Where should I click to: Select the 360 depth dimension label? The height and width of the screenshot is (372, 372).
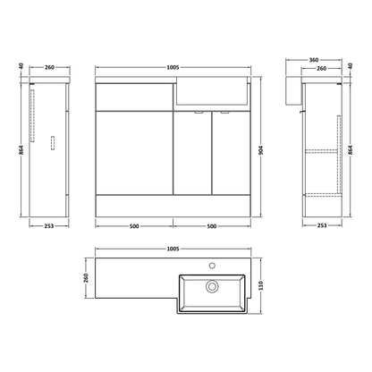point(314,60)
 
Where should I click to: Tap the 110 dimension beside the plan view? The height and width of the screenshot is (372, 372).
point(261,286)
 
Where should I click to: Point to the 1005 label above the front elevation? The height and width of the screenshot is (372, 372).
point(173,68)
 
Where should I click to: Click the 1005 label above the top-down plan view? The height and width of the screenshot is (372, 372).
point(173,249)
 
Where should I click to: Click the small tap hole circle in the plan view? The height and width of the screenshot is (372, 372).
point(212,265)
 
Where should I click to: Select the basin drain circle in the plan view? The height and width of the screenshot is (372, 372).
point(212,286)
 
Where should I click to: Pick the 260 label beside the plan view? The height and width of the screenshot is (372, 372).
point(86,278)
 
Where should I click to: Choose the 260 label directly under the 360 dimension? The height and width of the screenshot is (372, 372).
point(321,69)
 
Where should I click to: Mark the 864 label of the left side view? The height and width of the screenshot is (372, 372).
point(21,150)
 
